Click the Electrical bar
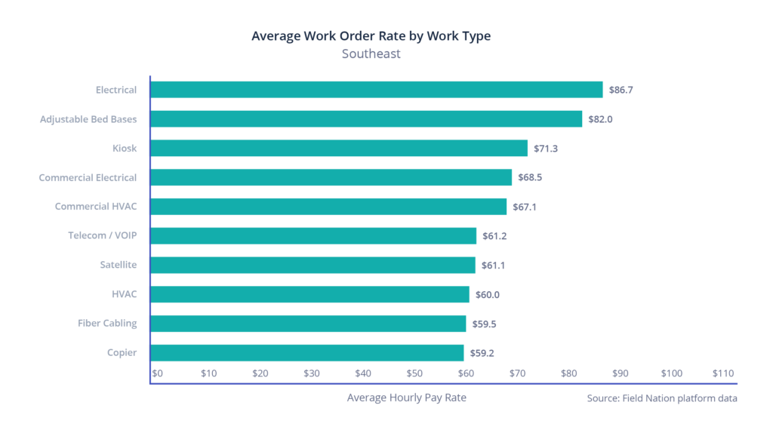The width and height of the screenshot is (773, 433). [x=377, y=90]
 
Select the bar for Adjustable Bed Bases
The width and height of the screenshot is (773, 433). [x=367, y=119]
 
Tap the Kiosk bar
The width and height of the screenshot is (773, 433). [x=339, y=148]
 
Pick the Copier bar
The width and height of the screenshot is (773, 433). [x=307, y=352]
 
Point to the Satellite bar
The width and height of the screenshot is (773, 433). [x=313, y=265]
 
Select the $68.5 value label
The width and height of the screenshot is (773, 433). [x=530, y=177]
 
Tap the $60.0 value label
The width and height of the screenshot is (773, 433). [x=487, y=294]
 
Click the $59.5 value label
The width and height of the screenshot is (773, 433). [x=484, y=324]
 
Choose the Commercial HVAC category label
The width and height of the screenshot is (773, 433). [x=96, y=207]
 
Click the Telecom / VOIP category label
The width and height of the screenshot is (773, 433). [x=103, y=235]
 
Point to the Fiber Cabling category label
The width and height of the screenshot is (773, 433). [x=107, y=323]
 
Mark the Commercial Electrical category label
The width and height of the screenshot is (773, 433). [x=88, y=177]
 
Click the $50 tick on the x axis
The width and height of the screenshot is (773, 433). [x=414, y=373]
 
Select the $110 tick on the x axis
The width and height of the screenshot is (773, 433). [x=722, y=373]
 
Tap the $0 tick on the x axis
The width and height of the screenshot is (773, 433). [x=157, y=373]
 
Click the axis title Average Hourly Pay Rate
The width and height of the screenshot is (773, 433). [x=406, y=398]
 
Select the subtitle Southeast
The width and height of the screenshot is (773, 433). [x=371, y=54]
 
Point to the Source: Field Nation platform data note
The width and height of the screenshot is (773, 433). [x=661, y=398]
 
